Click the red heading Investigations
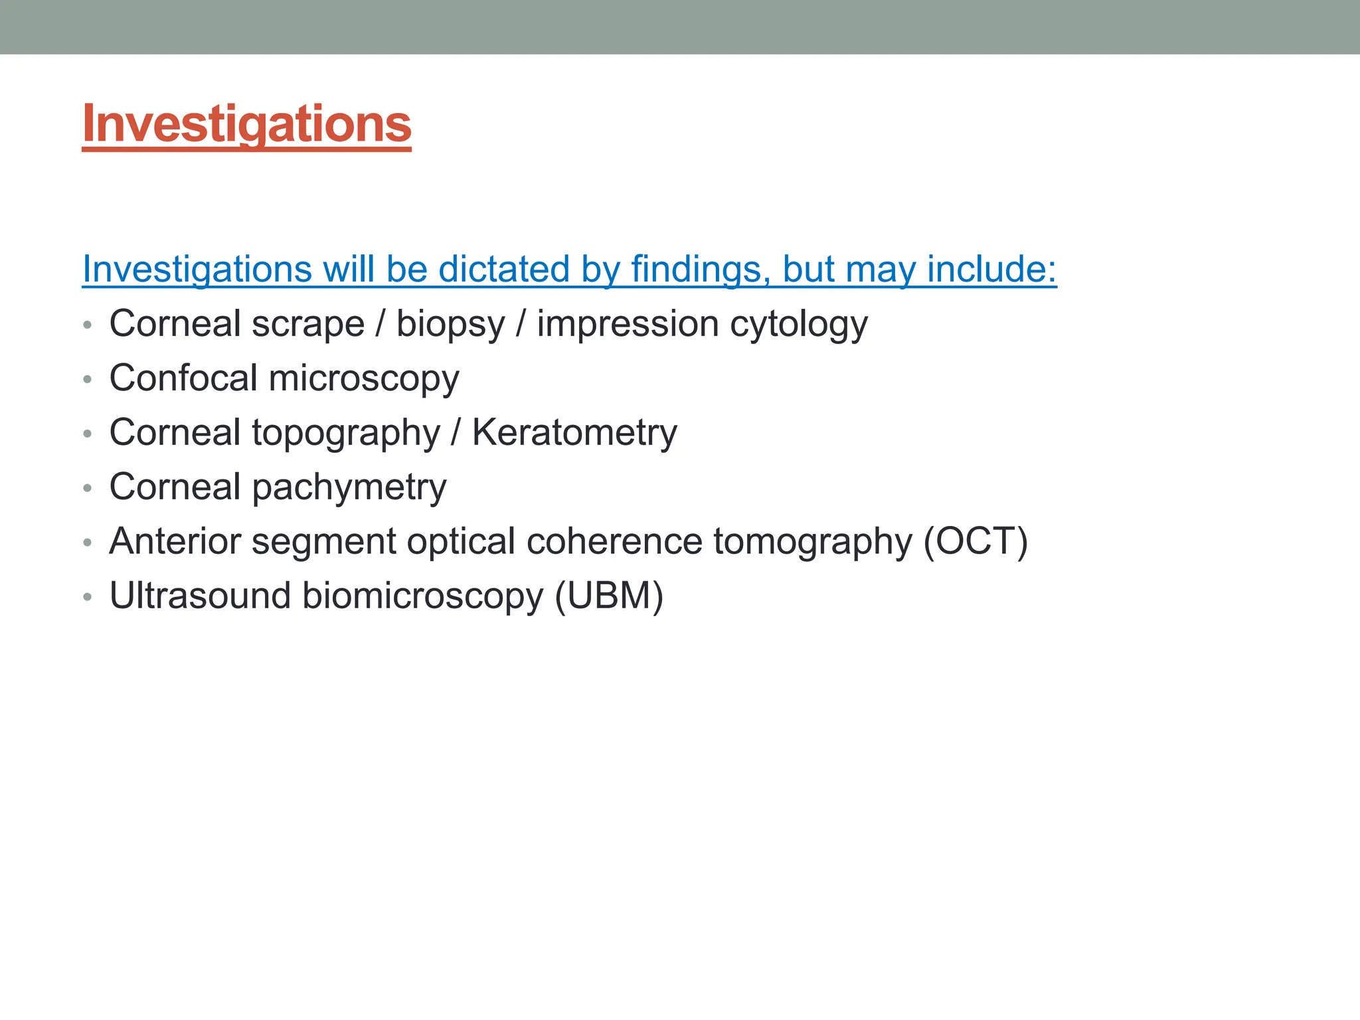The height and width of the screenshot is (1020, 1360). (x=246, y=124)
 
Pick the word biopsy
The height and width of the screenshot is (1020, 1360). (x=450, y=325)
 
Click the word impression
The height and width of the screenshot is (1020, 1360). (x=628, y=325)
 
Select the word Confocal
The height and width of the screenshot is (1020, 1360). (x=183, y=379)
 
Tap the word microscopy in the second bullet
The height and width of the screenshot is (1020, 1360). (x=363, y=379)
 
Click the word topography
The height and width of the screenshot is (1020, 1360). (x=345, y=434)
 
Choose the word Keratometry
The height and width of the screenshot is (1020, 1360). (x=574, y=433)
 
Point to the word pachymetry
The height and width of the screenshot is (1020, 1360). (x=349, y=488)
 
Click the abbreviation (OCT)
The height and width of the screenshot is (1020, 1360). (x=976, y=541)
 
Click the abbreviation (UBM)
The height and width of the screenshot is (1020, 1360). (x=609, y=596)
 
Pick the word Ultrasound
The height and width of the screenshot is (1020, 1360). (x=200, y=596)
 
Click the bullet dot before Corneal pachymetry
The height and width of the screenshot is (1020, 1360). (x=87, y=489)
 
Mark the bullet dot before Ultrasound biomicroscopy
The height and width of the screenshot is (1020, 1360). (x=87, y=598)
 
